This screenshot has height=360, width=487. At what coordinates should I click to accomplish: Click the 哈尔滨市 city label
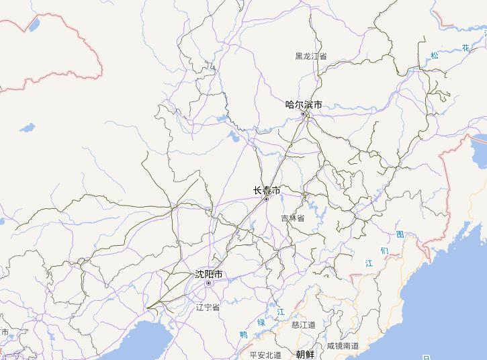(304, 105)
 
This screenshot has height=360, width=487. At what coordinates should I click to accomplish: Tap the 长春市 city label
(267, 190)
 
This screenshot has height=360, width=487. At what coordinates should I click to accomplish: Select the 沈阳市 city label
(208, 274)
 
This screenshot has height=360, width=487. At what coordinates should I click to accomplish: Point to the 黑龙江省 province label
(311, 56)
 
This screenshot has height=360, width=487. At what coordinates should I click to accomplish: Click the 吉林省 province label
(293, 218)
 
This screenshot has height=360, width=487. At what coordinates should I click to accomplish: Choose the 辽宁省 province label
(208, 307)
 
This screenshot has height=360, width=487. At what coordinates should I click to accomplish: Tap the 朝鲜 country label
(305, 354)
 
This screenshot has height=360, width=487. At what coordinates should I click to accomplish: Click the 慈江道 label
(304, 324)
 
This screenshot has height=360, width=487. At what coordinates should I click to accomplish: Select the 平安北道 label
(265, 355)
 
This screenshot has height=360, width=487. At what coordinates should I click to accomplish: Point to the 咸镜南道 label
(343, 346)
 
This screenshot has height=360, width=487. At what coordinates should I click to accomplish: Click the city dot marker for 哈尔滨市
(304, 114)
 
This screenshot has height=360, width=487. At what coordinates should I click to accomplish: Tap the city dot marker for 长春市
(266, 199)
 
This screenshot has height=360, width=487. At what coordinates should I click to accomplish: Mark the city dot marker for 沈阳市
(208, 283)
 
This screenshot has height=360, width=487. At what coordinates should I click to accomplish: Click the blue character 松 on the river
(435, 56)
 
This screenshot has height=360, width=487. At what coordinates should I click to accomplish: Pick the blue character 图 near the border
(400, 234)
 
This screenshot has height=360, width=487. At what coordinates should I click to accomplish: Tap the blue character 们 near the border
(384, 251)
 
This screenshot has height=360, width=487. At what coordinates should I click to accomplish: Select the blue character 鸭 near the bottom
(243, 334)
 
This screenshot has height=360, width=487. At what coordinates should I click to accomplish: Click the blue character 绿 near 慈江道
(261, 323)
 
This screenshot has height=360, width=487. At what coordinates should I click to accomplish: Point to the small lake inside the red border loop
(33, 25)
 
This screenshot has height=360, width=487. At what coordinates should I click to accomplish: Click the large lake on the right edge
(480, 142)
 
